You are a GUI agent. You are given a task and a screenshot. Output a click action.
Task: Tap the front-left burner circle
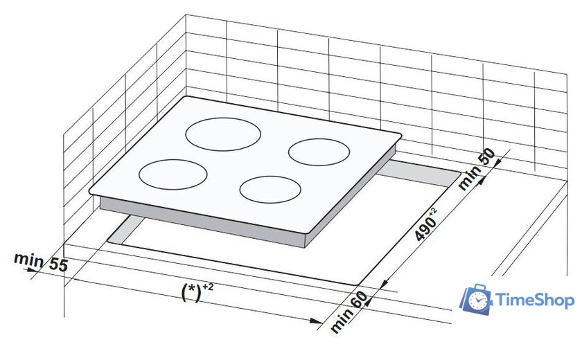click(173, 174)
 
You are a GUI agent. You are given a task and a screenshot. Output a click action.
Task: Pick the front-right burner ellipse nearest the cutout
click(271, 189)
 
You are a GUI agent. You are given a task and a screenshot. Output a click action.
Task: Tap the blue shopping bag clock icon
click(475, 298)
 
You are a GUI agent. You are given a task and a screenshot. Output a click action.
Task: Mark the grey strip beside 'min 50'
click(423, 173)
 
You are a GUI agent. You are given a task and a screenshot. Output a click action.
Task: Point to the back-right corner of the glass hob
click(400, 135)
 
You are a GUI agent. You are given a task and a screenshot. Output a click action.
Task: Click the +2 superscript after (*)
click(209, 286)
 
